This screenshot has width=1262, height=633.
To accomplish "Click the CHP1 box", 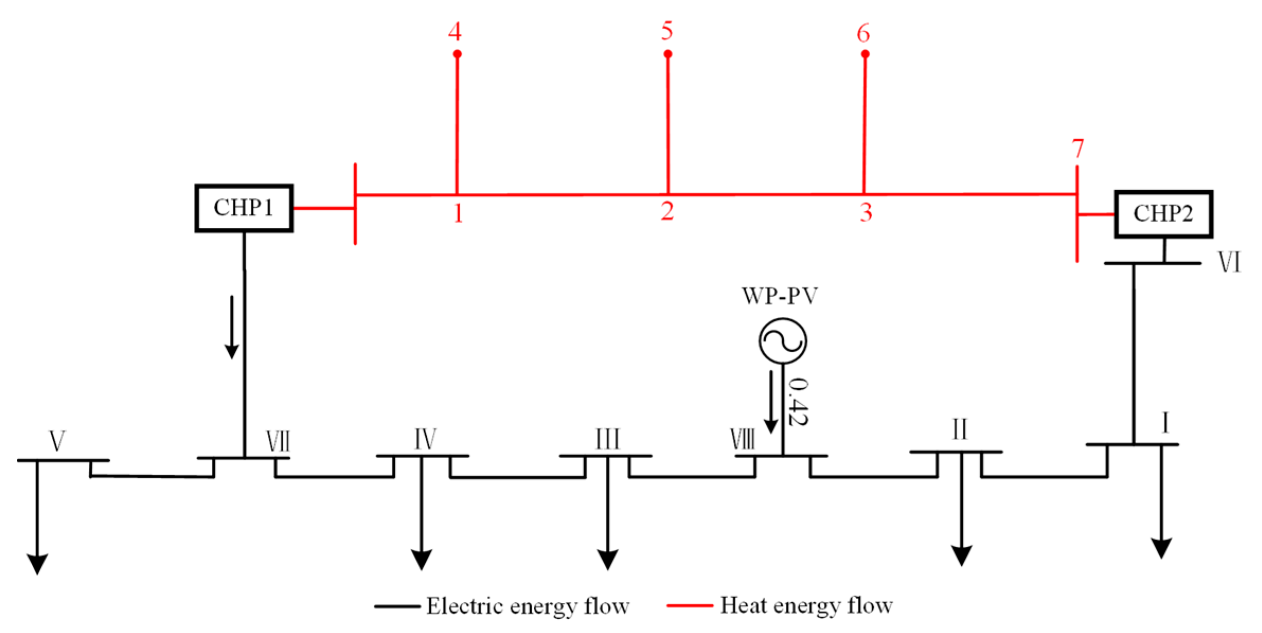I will click(x=244, y=208).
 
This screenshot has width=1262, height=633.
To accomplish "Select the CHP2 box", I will click(x=1163, y=214).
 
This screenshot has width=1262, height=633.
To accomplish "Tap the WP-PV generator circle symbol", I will click(x=782, y=341).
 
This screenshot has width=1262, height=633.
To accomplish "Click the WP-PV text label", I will click(x=780, y=296).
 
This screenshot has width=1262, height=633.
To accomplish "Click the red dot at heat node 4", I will click(x=457, y=54).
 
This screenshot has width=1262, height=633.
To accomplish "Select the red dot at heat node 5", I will click(x=668, y=54).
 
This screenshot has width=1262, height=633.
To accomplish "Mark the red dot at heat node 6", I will click(x=865, y=54).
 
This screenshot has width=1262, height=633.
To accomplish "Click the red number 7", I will click(x=1078, y=149).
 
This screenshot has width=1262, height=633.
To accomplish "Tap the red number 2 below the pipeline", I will click(x=667, y=211).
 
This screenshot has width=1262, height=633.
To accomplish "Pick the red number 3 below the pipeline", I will click(x=866, y=212).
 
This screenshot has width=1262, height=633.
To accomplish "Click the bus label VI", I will click(x=1229, y=262).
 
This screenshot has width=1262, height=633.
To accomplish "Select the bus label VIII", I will click(x=742, y=439).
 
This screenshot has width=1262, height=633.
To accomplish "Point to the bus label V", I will click(x=57, y=441).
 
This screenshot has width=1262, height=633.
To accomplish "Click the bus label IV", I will click(x=425, y=439).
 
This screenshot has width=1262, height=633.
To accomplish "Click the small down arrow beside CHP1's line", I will click(x=231, y=328).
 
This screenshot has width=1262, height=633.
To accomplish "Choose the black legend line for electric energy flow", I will click(x=397, y=606).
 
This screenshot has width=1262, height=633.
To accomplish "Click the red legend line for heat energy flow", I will click(x=689, y=605).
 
